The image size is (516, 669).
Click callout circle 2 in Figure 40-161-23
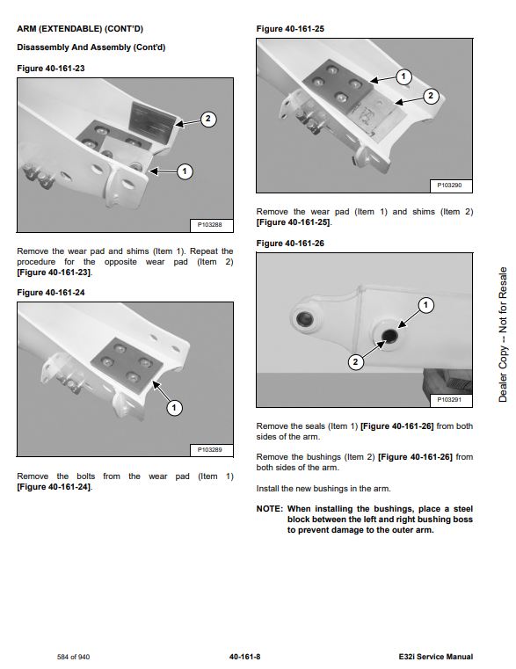coord(207,119)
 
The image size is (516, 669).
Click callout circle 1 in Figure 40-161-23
coord(185,171)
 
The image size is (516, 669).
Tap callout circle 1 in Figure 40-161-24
coord(174,407)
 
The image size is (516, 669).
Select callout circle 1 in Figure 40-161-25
coord(403,76)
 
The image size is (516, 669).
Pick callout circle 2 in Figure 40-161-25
coord(430,96)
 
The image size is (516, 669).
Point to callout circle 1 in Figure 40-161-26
coord(425,305)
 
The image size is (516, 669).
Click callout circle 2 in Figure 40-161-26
coord(355,362)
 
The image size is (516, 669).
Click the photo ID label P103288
coord(209,225)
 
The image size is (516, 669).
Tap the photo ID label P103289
coord(209,450)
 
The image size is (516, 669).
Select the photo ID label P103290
coord(449,185)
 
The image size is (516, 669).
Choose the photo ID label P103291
coord(449,400)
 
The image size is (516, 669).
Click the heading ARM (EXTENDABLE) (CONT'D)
coord(80,29)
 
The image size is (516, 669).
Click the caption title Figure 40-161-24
coord(51,293)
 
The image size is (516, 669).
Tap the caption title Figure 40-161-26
coord(290,244)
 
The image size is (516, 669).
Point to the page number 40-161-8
coord(244,657)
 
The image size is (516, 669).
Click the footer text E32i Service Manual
coord(436,657)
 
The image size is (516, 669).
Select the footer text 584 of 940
coord(74,657)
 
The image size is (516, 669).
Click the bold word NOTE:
coord(269,509)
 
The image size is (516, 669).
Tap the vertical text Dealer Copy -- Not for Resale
coord(503,334)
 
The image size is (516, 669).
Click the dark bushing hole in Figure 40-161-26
coord(389,335)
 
